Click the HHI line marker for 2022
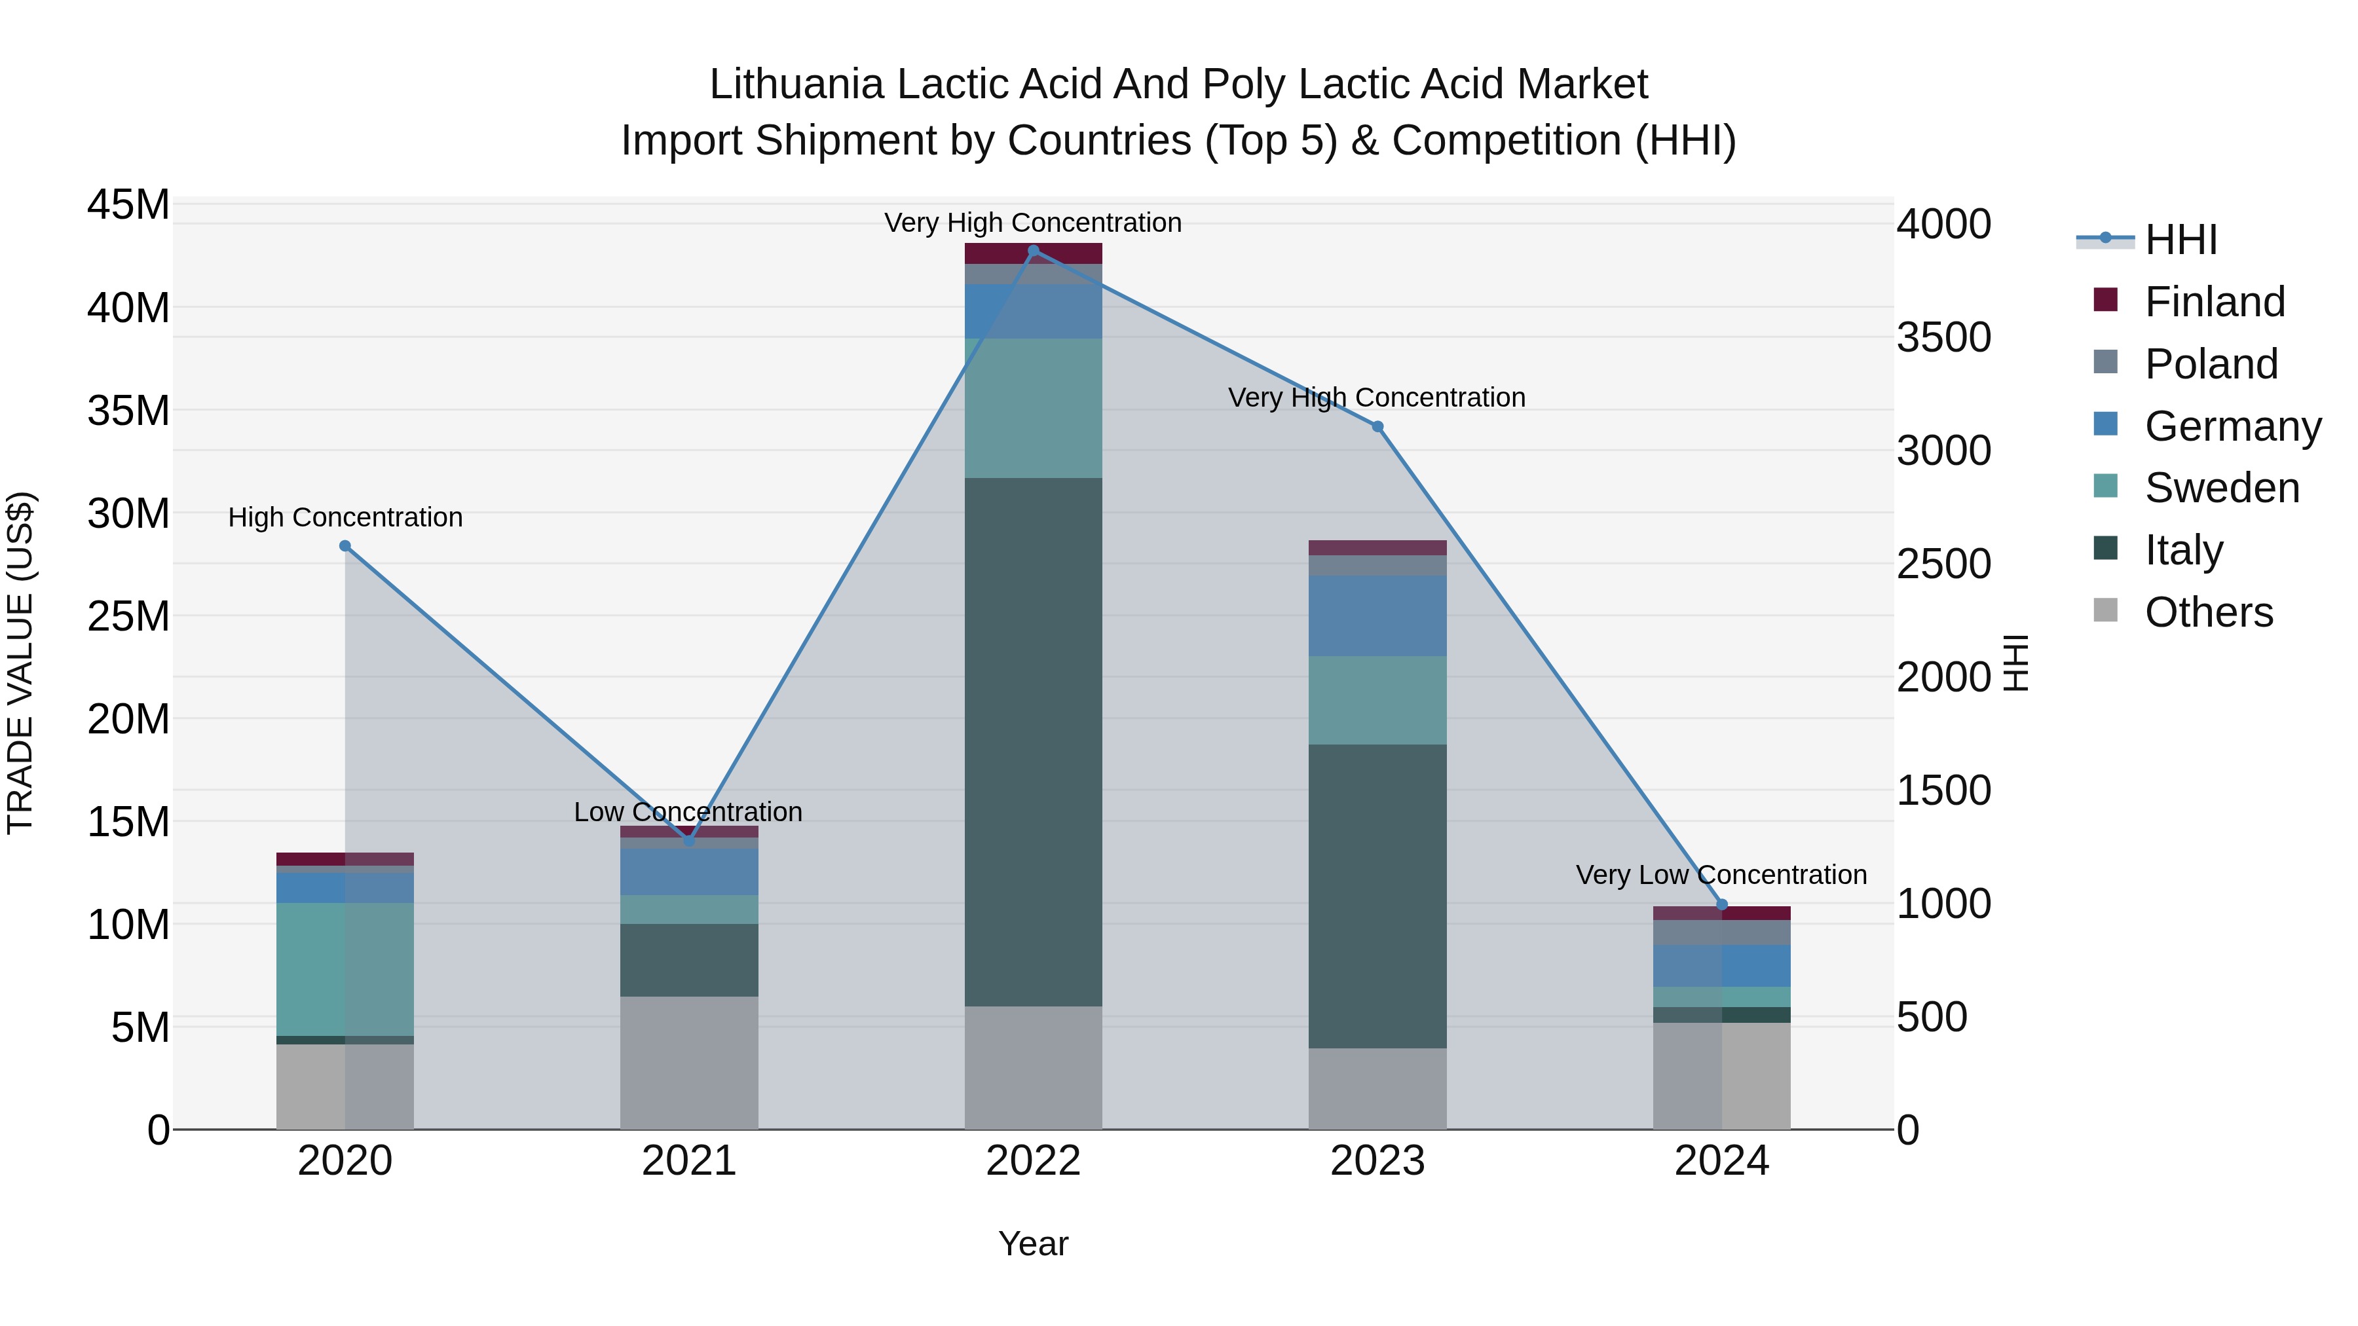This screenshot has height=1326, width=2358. pyautogui.click(x=1034, y=251)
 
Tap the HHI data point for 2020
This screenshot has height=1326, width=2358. pyautogui.click(x=345, y=546)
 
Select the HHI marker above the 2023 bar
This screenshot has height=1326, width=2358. pyautogui.click(x=1377, y=426)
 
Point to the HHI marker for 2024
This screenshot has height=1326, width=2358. pyautogui.click(x=1722, y=905)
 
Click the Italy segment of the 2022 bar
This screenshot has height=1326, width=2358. pyautogui.click(x=1034, y=741)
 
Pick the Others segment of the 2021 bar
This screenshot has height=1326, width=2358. pyautogui.click(x=689, y=1061)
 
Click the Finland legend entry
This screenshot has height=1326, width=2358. pyautogui.click(x=2215, y=302)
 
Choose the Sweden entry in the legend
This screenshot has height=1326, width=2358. pyautogui.click(x=2222, y=488)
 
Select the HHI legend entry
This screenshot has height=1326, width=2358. pyautogui.click(x=2180, y=240)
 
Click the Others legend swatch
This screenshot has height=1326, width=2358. pyautogui.click(x=2105, y=610)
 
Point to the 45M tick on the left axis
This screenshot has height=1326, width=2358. pyautogui.click(x=128, y=204)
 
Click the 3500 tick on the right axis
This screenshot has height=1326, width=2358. pyautogui.click(x=1943, y=338)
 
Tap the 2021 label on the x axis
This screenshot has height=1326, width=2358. pyautogui.click(x=689, y=1161)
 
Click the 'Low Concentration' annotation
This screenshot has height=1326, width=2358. pyautogui.click(x=688, y=812)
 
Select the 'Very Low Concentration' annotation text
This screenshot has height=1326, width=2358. pyautogui.click(x=1721, y=875)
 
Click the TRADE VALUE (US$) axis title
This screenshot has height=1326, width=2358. pyautogui.click(x=20, y=663)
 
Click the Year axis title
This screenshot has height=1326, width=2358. pyautogui.click(x=1034, y=1243)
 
